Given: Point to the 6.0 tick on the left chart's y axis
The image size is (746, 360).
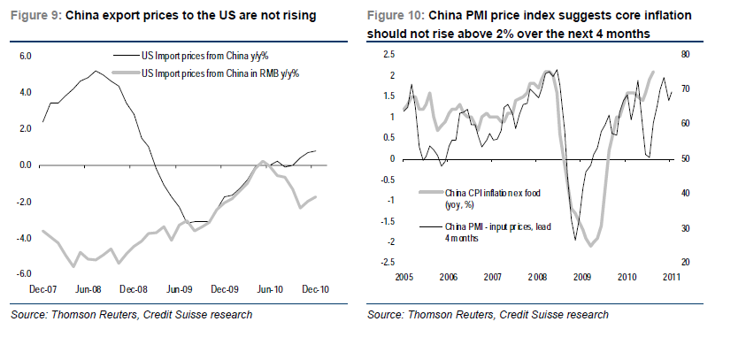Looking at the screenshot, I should [25, 56].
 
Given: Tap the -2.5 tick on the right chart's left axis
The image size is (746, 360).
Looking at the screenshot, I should [386, 263].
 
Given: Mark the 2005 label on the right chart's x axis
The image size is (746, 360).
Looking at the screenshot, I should [403, 276].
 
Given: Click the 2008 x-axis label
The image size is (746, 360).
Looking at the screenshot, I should [537, 276].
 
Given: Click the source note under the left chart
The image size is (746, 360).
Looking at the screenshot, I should [132, 315].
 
